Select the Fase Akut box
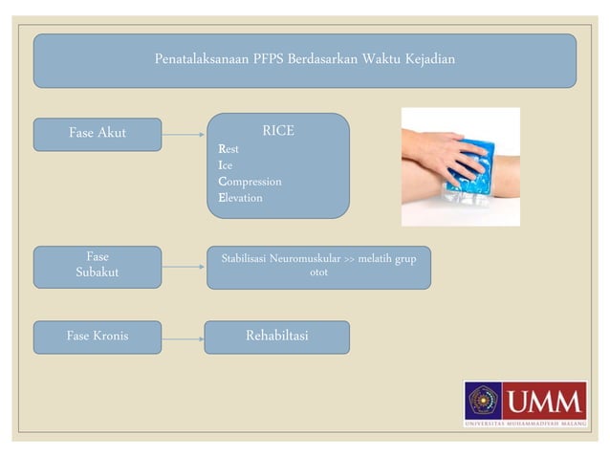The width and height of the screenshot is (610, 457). pyautogui.click(x=98, y=134)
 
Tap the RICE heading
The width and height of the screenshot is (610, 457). pyautogui.click(x=278, y=131)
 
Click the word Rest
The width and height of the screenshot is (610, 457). pyautogui.click(x=229, y=149)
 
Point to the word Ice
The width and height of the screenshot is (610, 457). pyautogui.click(x=226, y=165)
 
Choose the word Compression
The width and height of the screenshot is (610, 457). pyautogui.click(x=250, y=182)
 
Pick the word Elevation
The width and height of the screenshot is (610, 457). pyautogui.click(x=240, y=198)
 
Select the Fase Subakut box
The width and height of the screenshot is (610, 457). pyautogui.click(x=98, y=267)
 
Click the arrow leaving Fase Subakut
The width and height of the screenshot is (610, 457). pyautogui.click(x=184, y=267)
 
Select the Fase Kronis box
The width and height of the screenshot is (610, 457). pyautogui.click(x=98, y=337)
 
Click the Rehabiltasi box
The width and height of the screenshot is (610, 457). pyautogui.click(x=277, y=337)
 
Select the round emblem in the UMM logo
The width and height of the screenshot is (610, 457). pyautogui.click(x=484, y=400)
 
